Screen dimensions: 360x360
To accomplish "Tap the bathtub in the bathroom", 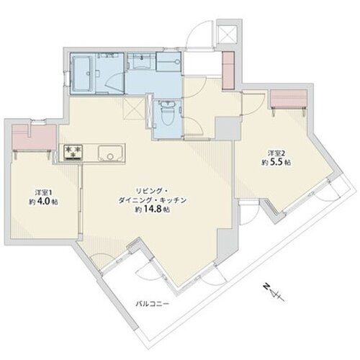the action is (81, 73).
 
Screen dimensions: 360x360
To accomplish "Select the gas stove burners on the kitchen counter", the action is (73, 152).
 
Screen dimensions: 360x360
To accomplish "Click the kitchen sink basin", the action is (111, 153).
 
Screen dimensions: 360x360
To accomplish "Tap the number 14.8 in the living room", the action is (153, 210).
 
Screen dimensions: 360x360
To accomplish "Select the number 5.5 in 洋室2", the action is (276, 163).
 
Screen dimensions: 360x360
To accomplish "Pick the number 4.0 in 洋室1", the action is (44, 202).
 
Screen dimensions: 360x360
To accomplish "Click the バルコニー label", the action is (153, 305).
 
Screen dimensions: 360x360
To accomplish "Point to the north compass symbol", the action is (273, 292).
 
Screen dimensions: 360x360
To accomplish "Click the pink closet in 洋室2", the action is (289, 99).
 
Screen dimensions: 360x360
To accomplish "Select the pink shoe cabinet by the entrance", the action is (228, 71).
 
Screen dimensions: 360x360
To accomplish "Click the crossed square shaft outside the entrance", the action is (226, 34).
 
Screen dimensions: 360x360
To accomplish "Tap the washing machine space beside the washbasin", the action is (168, 62).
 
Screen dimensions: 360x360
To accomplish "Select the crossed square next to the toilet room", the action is (134, 109).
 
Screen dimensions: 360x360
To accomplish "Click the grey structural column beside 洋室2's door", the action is (228, 128).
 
